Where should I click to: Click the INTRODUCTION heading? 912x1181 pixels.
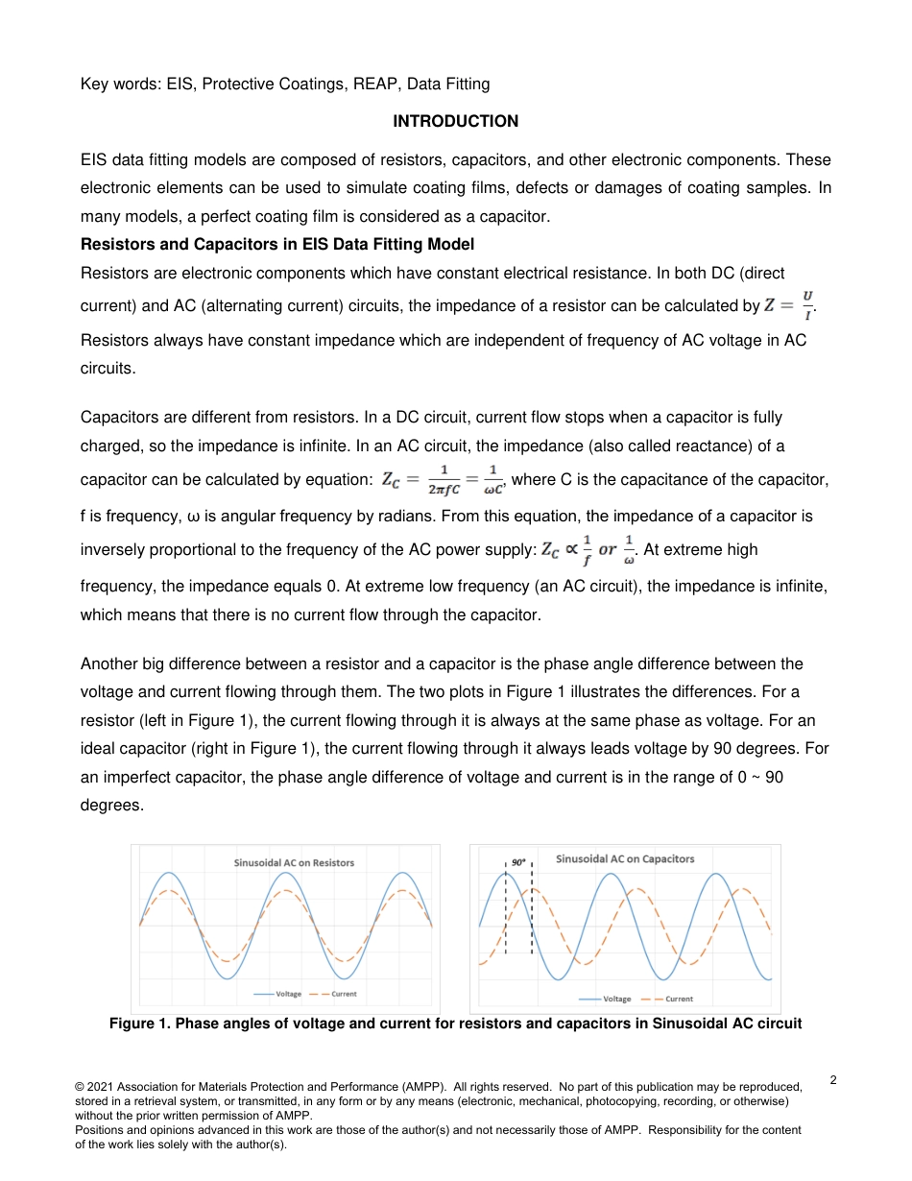click(x=455, y=121)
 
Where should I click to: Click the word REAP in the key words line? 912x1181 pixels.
click(x=375, y=84)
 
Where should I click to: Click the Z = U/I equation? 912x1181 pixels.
click(x=788, y=305)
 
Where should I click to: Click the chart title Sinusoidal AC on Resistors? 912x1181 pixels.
click(x=294, y=862)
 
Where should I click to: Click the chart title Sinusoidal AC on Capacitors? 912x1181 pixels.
click(x=625, y=858)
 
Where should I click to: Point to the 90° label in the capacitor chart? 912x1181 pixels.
click(x=518, y=862)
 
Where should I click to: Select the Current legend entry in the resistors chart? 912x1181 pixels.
click(x=344, y=994)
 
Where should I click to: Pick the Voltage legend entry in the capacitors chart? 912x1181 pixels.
click(x=616, y=999)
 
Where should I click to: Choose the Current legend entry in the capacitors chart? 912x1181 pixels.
click(x=678, y=999)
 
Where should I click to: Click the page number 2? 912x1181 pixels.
click(x=833, y=1080)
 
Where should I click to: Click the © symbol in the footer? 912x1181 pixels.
click(x=80, y=1086)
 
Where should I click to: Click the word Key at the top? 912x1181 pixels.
click(x=96, y=84)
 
